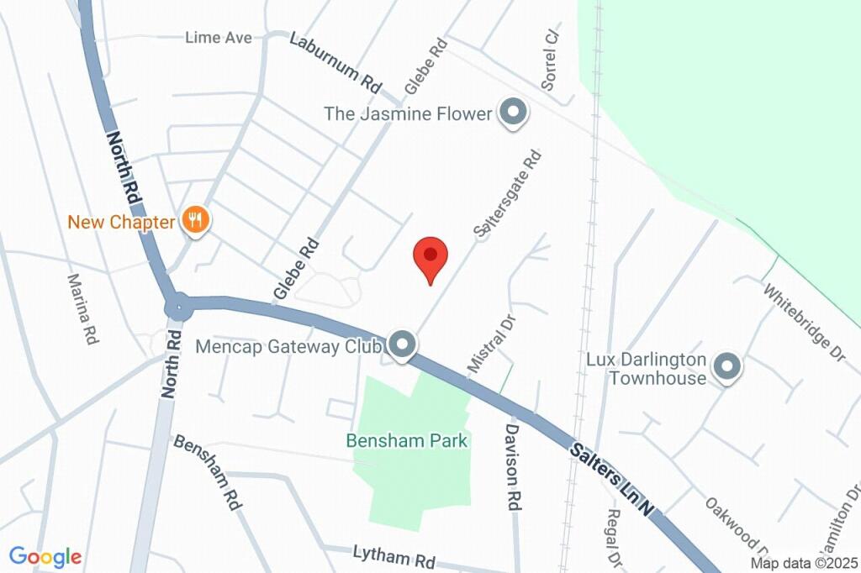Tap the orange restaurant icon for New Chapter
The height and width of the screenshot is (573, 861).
point(196,221)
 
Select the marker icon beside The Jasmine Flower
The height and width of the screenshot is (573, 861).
point(512,112)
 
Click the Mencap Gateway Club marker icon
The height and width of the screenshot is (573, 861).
point(403,344)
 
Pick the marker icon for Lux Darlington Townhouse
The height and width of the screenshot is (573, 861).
point(725,366)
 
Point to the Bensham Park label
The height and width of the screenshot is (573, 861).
point(407,440)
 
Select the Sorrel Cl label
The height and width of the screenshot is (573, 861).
point(551,60)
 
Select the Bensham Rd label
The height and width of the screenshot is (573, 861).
point(208,472)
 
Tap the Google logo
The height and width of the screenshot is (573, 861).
point(45,556)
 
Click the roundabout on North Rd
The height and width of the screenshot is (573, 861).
point(177,305)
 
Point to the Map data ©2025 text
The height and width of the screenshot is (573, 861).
point(805,564)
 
